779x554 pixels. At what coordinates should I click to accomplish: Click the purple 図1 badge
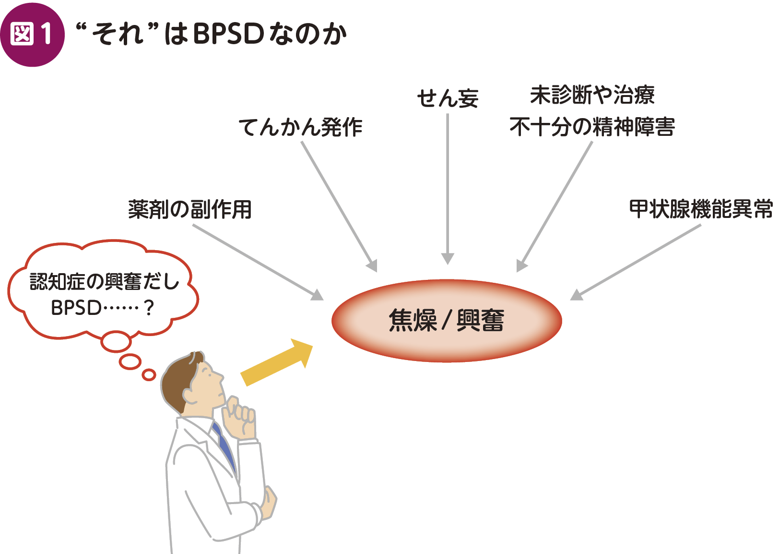32,35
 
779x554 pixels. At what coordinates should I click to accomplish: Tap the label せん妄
448,98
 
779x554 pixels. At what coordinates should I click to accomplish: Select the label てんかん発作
300,127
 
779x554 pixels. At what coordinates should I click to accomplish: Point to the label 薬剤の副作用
190,210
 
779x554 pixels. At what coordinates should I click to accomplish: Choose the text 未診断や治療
592,95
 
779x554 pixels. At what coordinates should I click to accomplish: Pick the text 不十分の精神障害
592,127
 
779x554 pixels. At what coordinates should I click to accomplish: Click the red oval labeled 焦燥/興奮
447,320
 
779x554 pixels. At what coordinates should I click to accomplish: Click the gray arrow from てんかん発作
339,206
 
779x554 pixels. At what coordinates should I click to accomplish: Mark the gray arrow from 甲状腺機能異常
636,262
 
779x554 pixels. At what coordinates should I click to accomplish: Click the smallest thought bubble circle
149,374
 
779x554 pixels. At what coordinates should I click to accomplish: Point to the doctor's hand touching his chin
240,418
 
